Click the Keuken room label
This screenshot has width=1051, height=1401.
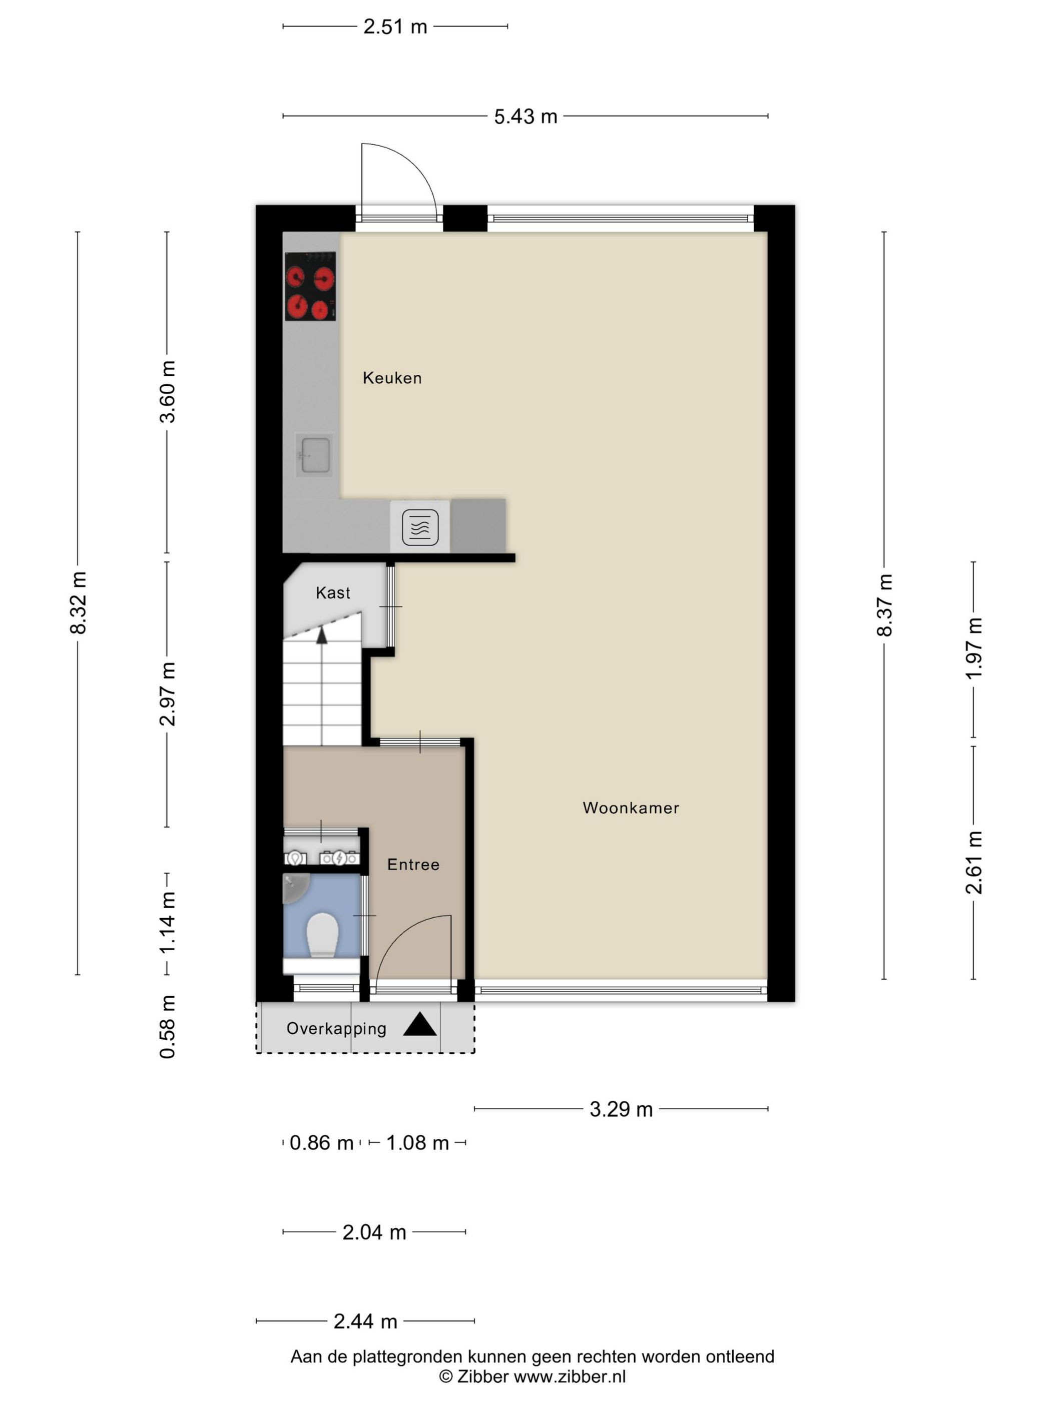tap(391, 378)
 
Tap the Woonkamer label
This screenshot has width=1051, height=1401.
tap(630, 808)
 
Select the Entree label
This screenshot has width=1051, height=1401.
tap(413, 865)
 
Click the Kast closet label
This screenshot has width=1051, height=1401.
tap(333, 593)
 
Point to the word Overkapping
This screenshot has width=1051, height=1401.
tap(336, 1029)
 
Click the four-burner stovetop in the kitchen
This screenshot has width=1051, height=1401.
tap(310, 286)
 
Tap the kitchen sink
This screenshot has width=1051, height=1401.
tap(315, 455)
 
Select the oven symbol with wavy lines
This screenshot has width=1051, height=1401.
tap(420, 527)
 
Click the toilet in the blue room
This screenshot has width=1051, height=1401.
tap(322, 935)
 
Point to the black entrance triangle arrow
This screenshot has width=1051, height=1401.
tap(420, 1025)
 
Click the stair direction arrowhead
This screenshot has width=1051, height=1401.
tap(322, 635)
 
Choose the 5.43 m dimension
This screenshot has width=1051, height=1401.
tap(525, 117)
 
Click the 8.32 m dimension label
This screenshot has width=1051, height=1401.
tap(79, 603)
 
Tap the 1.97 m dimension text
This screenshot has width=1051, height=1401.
tap(974, 648)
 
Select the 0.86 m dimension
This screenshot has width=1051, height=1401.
tap(321, 1143)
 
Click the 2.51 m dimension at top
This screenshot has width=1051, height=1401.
tap(395, 27)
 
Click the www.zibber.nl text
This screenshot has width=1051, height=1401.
tap(570, 1376)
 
